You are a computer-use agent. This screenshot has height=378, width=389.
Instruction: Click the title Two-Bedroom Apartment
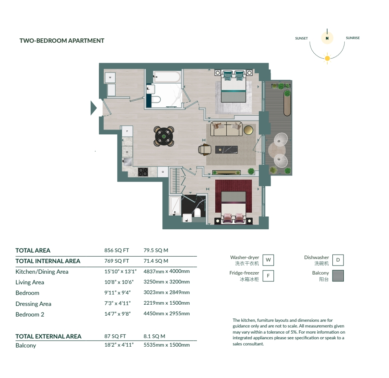pos(62,41)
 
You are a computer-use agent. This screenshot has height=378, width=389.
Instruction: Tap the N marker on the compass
pos(327,38)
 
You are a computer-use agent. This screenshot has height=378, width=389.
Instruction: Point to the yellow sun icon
pos(327,58)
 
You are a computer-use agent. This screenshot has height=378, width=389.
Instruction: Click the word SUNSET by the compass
pos(302,38)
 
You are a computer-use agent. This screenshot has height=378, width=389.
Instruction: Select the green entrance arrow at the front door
pos(94,108)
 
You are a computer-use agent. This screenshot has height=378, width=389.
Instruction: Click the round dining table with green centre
pos(164,136)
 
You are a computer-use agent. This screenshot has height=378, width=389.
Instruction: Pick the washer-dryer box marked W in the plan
pos(110,77)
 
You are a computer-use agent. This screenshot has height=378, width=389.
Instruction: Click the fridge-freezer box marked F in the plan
pos(127,131)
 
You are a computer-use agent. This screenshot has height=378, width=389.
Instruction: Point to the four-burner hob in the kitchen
pos(143,172)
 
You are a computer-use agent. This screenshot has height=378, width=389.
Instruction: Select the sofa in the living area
pos(226,129)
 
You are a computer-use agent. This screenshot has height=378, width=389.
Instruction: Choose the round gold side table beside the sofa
pos(248,130)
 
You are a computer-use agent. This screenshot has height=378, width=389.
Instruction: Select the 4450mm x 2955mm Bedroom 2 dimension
pos(166,314)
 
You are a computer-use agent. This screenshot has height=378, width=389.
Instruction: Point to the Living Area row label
pos(30,282)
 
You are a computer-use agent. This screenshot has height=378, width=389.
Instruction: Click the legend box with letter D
pos(338,259)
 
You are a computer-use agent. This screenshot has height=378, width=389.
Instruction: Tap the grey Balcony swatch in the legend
pos(338,276)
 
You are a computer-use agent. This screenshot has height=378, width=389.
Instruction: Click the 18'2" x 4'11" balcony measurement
pos(118,345)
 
